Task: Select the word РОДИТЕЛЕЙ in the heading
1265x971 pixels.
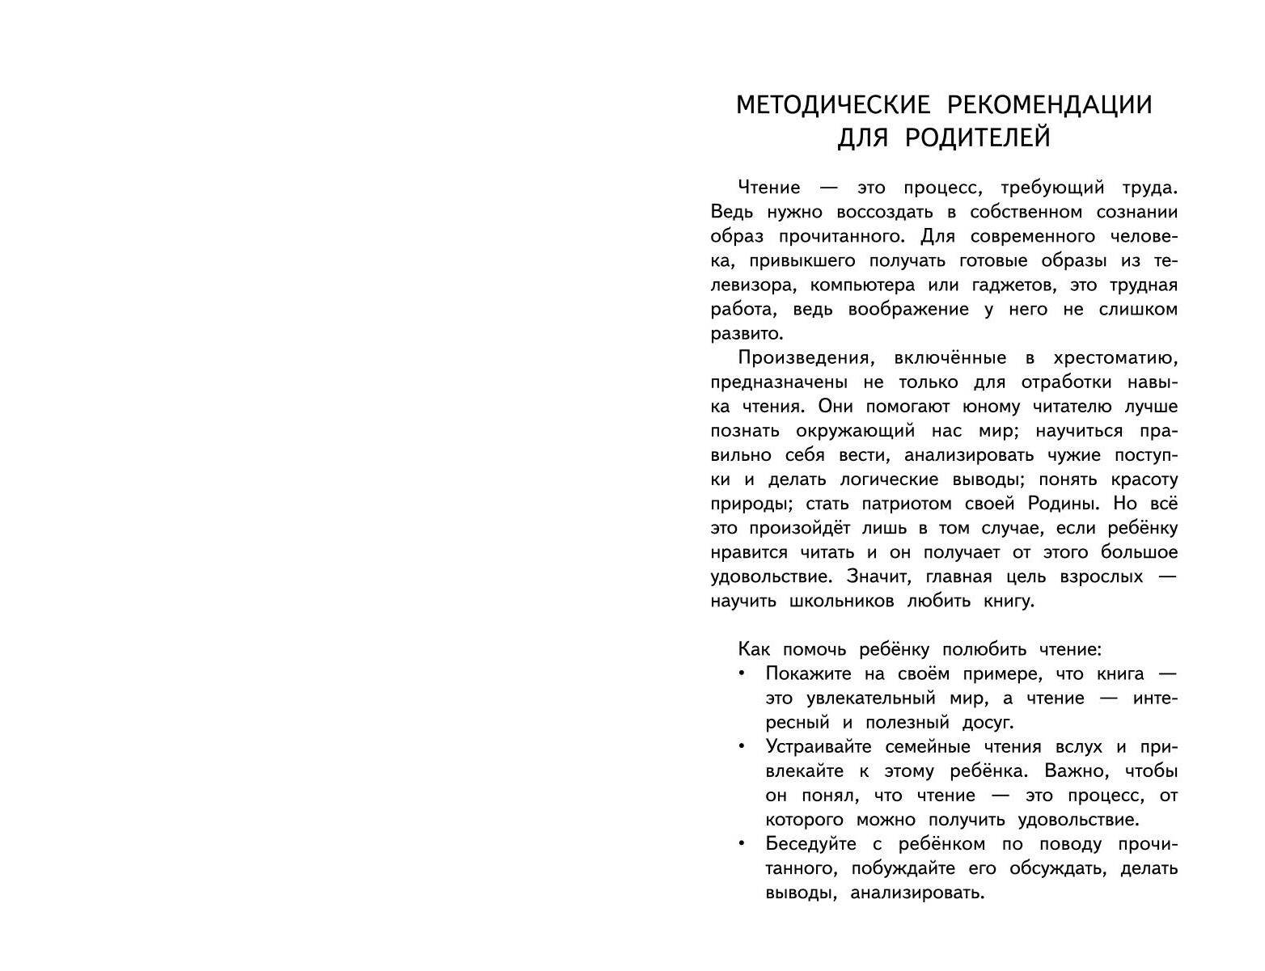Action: point(977,138)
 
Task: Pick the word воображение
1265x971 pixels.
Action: point(899,310)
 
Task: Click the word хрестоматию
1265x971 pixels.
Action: point(1115,358)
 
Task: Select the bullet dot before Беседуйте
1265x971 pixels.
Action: point(741,842)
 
